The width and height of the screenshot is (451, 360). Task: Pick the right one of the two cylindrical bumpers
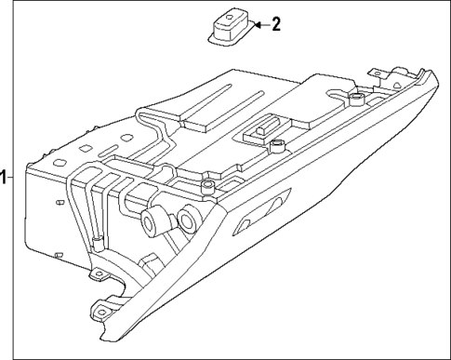[x=187, y=220]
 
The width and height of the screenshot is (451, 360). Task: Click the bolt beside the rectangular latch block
[x=276, y=143]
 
